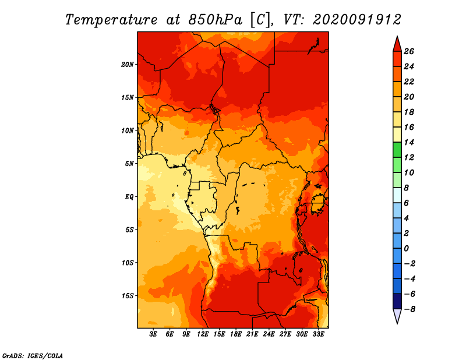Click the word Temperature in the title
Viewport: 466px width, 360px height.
[x=111, y=20]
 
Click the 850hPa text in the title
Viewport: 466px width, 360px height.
[x=216, y=20]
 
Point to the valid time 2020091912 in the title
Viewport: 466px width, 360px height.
[x=357, y=20]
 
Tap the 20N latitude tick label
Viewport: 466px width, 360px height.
[x=128, y=65]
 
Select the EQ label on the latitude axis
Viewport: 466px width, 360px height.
[x=129, y=197]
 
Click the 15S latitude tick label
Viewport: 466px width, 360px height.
[x=128, y=296]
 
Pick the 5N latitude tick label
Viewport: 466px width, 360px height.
[x=129, y=164]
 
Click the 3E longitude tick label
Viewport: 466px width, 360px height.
[x=153, y=334]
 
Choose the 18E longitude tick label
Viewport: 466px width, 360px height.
[x=236, y=334]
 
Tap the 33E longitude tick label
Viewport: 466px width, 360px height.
[x=318, y=334]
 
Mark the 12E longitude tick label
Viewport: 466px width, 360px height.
[x=203, y=334]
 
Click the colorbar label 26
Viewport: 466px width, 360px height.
[x=409, y=51]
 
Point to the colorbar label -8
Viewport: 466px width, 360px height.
[x=409, y=309]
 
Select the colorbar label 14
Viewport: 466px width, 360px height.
[x=409, y=142]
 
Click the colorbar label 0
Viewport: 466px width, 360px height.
[x=406, y=249]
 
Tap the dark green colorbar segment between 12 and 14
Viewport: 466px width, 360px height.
[x=397, y=150]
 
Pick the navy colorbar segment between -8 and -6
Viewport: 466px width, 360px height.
[x=397, y=301]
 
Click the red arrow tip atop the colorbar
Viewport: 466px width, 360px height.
[x=397, y=37]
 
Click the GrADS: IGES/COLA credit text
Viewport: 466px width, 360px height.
[x=33, y=356]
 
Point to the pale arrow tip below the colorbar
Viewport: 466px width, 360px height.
[x=397, y=323]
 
